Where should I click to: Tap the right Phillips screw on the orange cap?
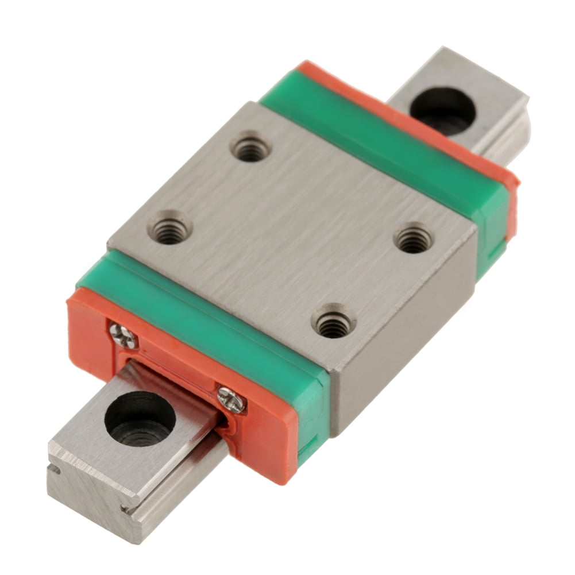pos(231,399)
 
